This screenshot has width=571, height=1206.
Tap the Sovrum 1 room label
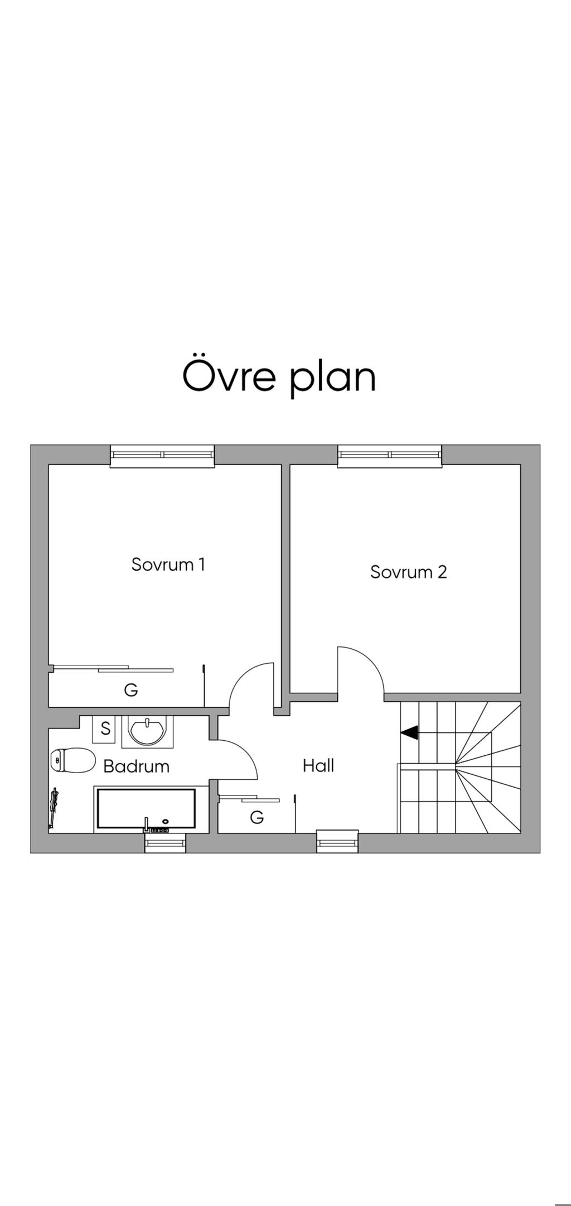pyautogui.click(x=168, y=564)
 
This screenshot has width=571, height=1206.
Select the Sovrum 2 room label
pyautogui.click(x=409, y=572)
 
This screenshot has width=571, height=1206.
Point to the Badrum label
pyautogui.click(x=137, y=766)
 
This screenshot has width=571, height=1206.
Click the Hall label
pyautogui.click(x=318, y=765)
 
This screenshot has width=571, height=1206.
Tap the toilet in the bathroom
pyautogui.click(x=72, y=760)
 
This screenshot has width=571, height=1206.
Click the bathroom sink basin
pyautogui.click(x=147, y=731)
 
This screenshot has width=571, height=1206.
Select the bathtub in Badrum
pyautogui.click(x=146, y=808)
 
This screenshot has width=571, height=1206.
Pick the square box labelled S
pyautogui.click(x=105, y=729)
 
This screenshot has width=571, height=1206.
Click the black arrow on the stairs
pyautogui.click(x=409, y=732)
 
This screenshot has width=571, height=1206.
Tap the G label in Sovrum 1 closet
pyautogui.click(x=130, y=690)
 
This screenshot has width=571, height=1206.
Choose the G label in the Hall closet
pyautogui.click(x=257, y=817)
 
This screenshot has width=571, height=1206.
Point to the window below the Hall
pyautogui.click(x=337, y=841)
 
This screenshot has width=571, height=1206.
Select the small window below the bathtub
pyautogui.click(x=165, y=842)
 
